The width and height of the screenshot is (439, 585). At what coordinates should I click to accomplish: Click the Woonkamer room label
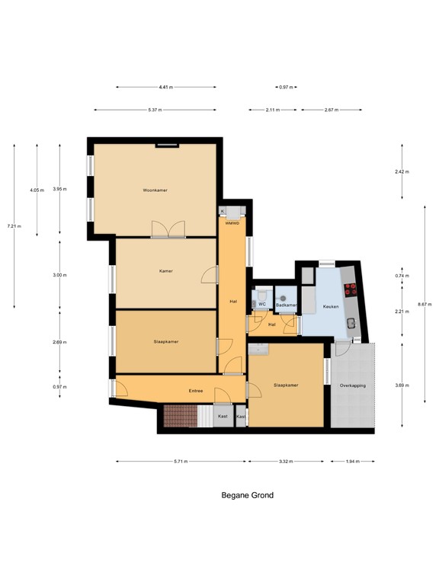pos(155,190)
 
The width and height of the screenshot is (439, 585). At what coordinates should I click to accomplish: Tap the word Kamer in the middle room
pos(165,271)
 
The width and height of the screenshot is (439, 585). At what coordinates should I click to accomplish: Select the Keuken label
pos(331,306)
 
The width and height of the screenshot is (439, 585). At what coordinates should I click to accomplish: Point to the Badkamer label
pos(286,305)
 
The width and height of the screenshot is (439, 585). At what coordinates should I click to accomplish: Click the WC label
pos(261,305)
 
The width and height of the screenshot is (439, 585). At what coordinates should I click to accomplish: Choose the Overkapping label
pos(353,386)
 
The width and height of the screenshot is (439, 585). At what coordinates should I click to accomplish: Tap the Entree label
pos(196,392)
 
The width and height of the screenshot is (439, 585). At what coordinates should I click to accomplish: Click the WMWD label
pos(232,223)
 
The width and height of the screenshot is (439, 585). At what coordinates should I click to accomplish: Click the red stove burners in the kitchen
pos(351,289)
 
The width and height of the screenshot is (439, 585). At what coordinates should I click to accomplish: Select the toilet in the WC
pos(261,294)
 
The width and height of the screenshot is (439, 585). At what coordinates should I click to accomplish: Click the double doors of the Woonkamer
pos(168,230)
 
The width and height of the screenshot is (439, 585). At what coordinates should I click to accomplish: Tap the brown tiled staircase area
pos(180,416)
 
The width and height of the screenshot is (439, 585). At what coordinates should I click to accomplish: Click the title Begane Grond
pos(247,495)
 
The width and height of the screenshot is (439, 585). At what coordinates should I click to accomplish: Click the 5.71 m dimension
pos(181,462)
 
